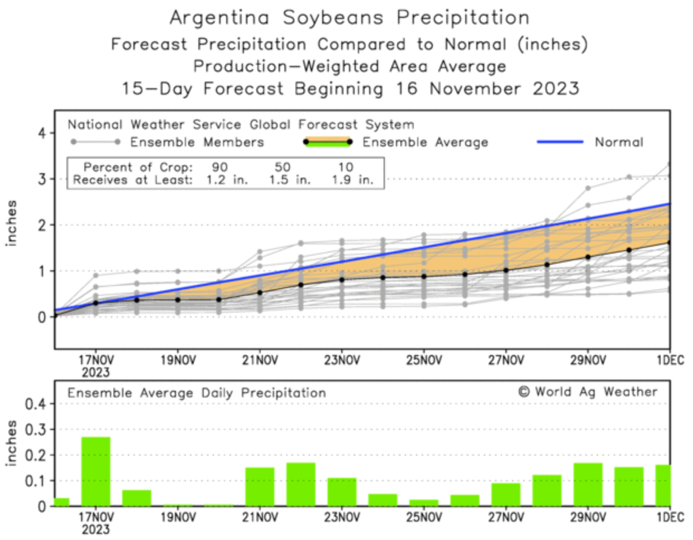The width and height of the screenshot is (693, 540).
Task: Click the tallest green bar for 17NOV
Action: point(95,471)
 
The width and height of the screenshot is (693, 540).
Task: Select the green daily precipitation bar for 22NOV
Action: point(301,484)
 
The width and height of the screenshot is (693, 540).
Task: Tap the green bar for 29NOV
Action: point(588,484)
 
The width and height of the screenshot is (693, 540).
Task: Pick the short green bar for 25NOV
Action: point(424,503)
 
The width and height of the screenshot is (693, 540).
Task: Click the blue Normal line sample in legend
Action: point(560,142)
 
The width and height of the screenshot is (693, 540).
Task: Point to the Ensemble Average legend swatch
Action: point(327,142)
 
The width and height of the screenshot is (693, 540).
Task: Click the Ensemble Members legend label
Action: point(197,142)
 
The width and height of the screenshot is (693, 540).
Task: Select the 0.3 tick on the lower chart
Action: point(35,429)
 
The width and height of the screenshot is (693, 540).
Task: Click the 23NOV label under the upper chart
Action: point(342,360)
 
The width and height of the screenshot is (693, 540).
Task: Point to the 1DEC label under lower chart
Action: point(670,517)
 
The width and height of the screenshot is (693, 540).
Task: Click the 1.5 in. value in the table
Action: point(289,180)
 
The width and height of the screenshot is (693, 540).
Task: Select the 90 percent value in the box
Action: point(219,167)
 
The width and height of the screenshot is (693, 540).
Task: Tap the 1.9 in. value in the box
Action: point(352,180)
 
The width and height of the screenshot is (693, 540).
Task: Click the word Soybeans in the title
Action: point(333,17)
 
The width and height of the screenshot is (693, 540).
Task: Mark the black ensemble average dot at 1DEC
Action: point(669,243)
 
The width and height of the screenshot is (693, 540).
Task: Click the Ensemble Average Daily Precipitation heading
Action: point(197,393)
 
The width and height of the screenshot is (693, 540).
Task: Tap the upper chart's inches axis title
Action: point(11,223)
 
